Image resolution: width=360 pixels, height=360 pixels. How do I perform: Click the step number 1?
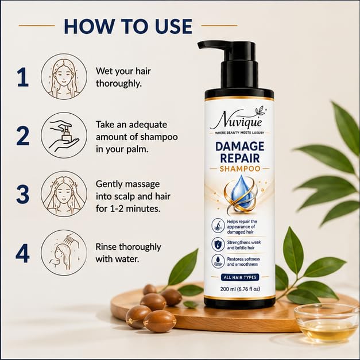tap(23, 78)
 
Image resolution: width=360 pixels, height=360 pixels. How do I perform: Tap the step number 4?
tap(22, 253)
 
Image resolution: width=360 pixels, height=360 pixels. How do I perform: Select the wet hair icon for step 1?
tap(64, 77)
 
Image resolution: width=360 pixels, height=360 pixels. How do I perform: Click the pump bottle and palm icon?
tap(64, 136)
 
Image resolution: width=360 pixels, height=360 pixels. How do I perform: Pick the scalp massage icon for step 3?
tap(64, 193)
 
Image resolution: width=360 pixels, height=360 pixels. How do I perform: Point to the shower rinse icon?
tap(64, 253)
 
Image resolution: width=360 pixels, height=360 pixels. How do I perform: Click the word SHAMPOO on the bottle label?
tap(240, 169)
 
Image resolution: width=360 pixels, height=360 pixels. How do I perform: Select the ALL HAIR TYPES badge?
tap(240, 277)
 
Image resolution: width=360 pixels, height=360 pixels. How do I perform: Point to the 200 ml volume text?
tap(240, 289)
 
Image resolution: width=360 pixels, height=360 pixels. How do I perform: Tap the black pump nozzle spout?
tap(211, 45)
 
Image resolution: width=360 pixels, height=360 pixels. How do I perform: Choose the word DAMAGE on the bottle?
tap(240, 146)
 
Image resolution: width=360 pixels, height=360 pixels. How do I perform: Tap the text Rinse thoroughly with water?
tap(128, 253)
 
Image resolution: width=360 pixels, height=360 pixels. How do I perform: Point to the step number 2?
tap(23, 136)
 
